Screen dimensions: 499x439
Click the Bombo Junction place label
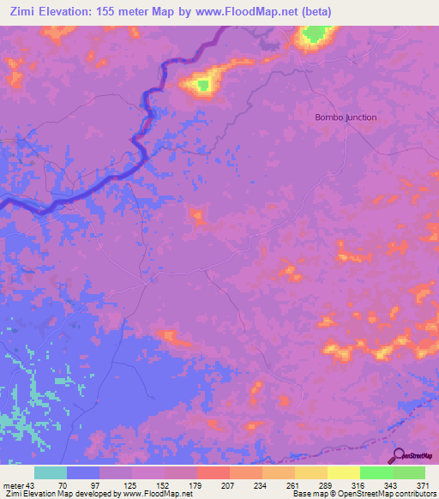pos(346,117)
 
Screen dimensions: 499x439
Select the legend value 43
pos(33,486)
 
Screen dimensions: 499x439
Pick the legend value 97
pos(82,486)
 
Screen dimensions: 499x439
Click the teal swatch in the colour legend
pos(51,472)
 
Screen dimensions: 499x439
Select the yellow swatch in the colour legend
pos(343,472)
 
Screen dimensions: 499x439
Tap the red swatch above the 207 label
pos(213,472)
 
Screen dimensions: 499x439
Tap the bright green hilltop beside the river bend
pos(203,83)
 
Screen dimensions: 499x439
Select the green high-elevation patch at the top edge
pos(315,35)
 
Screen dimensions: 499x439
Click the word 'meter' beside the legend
pos(13,486)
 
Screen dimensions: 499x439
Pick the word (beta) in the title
pos(314,12)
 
